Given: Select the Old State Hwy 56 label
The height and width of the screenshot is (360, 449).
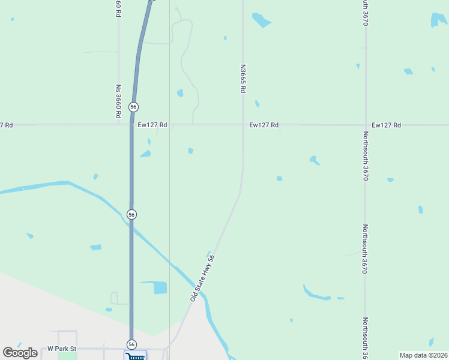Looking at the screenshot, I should pyautogui.click(x=203, y=278).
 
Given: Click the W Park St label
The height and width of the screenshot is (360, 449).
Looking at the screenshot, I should pyautogui.click(x=62, y=348).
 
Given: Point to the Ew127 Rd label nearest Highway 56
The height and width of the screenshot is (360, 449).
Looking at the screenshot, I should pyautogui.click(x=152, y=125).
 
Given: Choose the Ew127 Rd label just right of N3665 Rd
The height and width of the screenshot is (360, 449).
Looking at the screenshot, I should pyautogui.click(x=264, y=125).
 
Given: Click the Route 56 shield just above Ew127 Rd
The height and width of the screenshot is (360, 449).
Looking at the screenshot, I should pyautogui.click(x=133, y=107).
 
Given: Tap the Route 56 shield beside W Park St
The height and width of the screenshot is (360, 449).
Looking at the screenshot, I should pyautogui.click(x=131, y=344).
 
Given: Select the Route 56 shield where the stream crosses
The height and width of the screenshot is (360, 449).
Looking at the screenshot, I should pyautogui.click(x=132, y=214).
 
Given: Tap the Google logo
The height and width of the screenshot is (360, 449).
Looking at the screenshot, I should pyautogui.click(x=20, y=353).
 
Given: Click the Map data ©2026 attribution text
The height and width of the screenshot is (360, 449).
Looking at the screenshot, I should pyautogui.click(x=423, y=355).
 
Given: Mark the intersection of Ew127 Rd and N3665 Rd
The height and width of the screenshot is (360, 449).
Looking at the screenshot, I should pyautogui.click(x=243, y=125).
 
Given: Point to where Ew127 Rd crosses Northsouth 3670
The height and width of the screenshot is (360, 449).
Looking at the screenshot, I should pyautogui.click(x=366, y=125).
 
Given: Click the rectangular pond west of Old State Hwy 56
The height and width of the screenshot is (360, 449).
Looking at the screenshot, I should pyautogui.click(x=160, y=287).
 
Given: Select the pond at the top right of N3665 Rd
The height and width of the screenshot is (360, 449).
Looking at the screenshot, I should pyautogui.click(x=261, y=20).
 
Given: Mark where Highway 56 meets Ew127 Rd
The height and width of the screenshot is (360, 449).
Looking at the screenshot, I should pyautogui.click(x=132, y=125).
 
